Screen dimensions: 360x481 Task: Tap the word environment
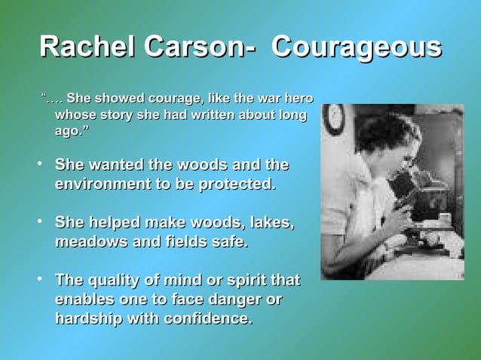click(x=102, y=183)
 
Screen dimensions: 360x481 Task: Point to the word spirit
click(x=239, y=281)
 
